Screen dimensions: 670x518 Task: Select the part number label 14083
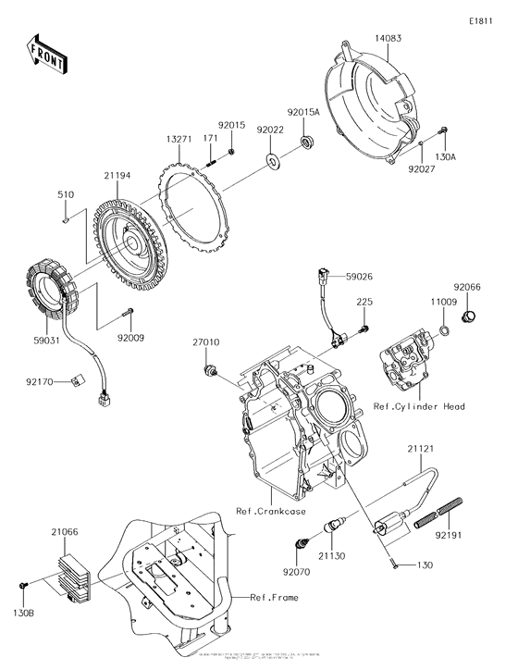point(389,39)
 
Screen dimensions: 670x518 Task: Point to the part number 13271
point(179,139)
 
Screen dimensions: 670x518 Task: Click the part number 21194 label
point(117,176)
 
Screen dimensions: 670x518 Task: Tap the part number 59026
point(362,276)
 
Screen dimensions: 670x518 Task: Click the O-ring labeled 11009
point(445,328)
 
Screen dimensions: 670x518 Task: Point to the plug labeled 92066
point(467,317)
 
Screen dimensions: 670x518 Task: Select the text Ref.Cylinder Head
point(418,406)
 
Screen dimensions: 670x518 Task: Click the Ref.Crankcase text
point(270,511)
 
